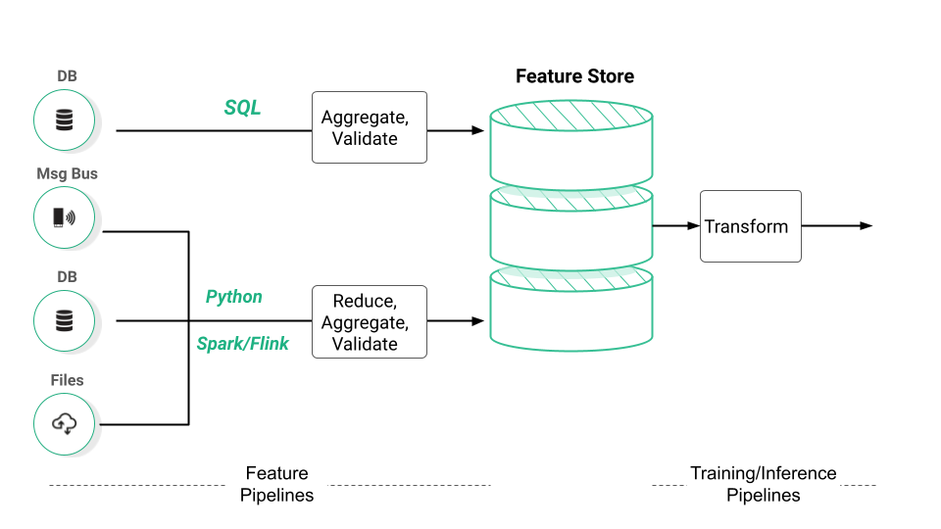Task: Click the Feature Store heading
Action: click(x=574, y=76)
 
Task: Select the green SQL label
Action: click(x=243, y=108)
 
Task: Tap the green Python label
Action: click(x=233, y=297)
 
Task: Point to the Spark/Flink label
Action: click(x=242, y=344)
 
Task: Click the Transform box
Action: click(x=750, y=226)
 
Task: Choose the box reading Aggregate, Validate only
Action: click(x=369, y=128)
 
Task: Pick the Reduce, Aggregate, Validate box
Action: click(x=369, y=322)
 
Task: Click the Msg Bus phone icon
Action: click(x=64, y=217)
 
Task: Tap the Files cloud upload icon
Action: click(x=64, y=423)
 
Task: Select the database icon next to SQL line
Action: click(x=64, y=120)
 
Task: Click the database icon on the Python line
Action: click(x=64, y=320)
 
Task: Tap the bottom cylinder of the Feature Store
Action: click(x=570, y=308)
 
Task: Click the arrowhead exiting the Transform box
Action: click(x=866, y=226)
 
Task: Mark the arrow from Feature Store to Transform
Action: click(x=676, y=226)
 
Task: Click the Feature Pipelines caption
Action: click(x=277, y=484)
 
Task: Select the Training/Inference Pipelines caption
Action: click(x=763, y=484)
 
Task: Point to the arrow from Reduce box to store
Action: click(x=457, y=321)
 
